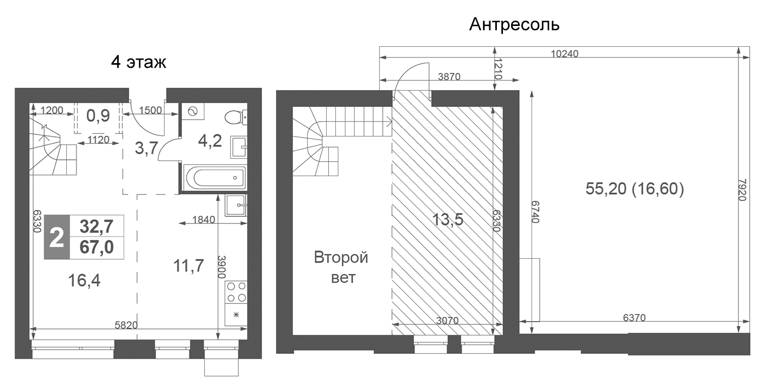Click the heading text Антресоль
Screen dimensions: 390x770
[x=514, y=24]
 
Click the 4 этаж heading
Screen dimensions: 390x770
[x=139, y=63]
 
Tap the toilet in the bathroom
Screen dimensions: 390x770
[x=235, y=117]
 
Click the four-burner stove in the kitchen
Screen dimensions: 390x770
[x=236, y=292]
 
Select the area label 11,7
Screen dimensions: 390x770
[x=188, y=265]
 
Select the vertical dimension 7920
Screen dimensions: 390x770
[x=741, y=189]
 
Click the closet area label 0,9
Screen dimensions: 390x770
[x=98, y=116]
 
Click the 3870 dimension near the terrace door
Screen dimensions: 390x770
[x=449, y=77]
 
